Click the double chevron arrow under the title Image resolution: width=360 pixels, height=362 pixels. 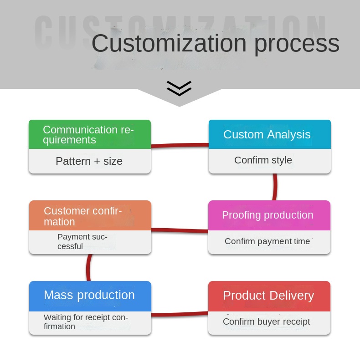click(179, 88)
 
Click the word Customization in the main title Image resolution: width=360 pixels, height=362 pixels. click(169, 44)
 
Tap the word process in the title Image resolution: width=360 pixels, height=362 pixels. click(297, 44)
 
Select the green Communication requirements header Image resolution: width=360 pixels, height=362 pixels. click(90, 135)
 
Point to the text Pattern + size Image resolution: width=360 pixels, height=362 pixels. click(89, 161)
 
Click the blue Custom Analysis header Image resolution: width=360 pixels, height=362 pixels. click(269, 135)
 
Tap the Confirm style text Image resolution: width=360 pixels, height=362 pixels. click(263, 160)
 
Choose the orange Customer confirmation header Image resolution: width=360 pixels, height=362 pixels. click(90, 216)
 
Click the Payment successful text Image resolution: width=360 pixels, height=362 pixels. click(82, 242)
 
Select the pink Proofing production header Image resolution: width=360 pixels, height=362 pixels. click(269, 215)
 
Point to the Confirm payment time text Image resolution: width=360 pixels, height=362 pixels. click(267, 241)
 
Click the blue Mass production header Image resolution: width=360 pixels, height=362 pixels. click(90, 296)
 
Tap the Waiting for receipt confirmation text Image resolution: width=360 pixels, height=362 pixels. click(86, 322)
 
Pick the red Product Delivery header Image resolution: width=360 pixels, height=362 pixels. click(269, 296)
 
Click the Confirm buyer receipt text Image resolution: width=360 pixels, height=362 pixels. click(266, 322)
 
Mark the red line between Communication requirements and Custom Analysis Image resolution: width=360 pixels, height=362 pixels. click(180, 146)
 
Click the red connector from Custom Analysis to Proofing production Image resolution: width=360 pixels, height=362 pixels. click(275, 187)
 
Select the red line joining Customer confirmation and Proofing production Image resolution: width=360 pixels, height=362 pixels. click(180, 230)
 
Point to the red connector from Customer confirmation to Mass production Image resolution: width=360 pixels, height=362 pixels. click(88, 268)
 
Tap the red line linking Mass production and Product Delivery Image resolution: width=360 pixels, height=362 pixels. click(180, 314)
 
